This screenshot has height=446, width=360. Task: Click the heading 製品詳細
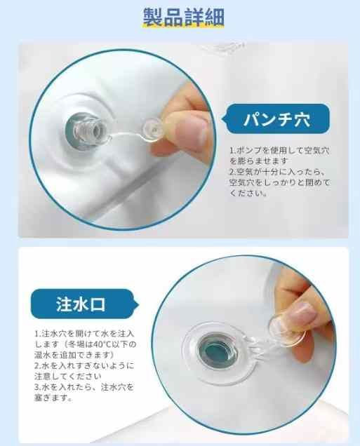(184, 17)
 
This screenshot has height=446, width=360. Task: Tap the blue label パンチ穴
(276, 119)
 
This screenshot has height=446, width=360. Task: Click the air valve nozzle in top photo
(86, 131)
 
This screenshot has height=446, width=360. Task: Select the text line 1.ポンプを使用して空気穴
(279, 150)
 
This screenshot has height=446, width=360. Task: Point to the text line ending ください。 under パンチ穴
(248, 194)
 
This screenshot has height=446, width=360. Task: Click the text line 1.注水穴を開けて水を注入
(84, 333)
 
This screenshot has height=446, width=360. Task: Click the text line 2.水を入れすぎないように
(84, 365)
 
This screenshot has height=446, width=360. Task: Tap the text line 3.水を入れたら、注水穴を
(84, 387)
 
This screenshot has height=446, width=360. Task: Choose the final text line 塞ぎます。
(53, 398)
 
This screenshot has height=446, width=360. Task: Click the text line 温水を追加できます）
(74, 355)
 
